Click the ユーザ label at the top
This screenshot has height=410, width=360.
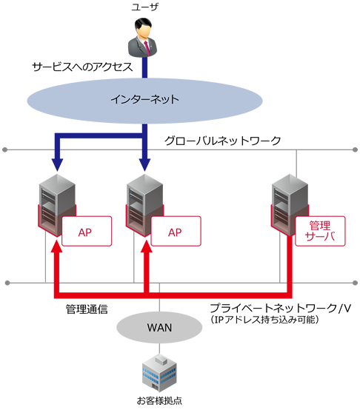tap(144, 8)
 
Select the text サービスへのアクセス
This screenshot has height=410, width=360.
tap(81, 67)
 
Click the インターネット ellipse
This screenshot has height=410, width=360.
tap(144, 98)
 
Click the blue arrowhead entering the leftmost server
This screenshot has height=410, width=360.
tap(55, 161)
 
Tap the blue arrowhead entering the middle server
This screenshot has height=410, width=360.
tap(145, 161)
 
